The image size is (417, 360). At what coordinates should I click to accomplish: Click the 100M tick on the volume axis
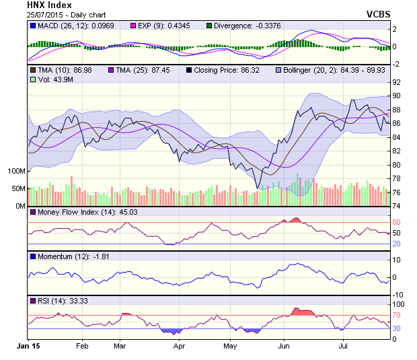(x=16, y=171)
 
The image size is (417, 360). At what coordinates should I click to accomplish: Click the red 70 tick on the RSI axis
(x=397, y=315)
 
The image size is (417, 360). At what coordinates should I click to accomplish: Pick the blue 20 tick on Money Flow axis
(x=397, y=244)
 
